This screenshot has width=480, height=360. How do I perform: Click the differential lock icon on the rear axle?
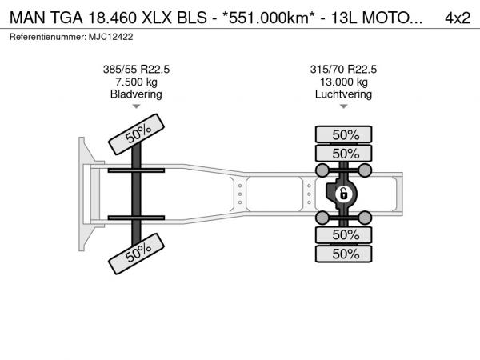pyautogui.click(x=343, y=194)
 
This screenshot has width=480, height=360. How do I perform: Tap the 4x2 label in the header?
pyautogui.click(x=458, y=18)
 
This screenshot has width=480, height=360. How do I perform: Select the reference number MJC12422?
pyautogui.click(x=111, y=37)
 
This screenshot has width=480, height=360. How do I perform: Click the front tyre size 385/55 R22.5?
pyautogui.click(x=136, y=70)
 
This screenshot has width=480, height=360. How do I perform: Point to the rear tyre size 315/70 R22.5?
pyautogui.click(x=343, y=70)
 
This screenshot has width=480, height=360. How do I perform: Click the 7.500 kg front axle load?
pyautogui.click(x=136, y=82)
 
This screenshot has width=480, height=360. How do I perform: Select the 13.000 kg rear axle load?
pyautogui.click(x=343, y=82)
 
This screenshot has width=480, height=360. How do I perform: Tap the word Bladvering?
pyautogui.click(x=136, y=94)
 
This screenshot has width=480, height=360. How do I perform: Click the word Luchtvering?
pyautogui.click(x=343, y=94)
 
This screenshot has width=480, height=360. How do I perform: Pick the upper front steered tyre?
pyautogui.click(x=136, y=134)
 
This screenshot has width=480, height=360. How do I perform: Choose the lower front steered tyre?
pyautogui.click(x=136, y=254)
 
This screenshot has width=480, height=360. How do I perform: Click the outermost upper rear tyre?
pyautogui.click(x=343, y=134)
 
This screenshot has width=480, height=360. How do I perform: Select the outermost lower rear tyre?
pyautogui.click(x=343, y=254)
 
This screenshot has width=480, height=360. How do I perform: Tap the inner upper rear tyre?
pyautogui.click(x=343, y=153)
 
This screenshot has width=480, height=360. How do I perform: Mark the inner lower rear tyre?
pyautogui.click(x=343, y=235)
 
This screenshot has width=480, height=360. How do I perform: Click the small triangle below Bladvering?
pyautogui.click(x=136, y=106)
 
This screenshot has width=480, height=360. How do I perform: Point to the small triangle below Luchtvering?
pyautogui.click(x=343, y=106)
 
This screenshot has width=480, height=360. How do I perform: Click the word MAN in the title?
pyautogui.click(x=28, y=18)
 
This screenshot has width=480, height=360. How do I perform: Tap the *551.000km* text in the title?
pyautogui.click(x=268, y=18)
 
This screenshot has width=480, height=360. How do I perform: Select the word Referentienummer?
pyautogui.click(x=48, y=37)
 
